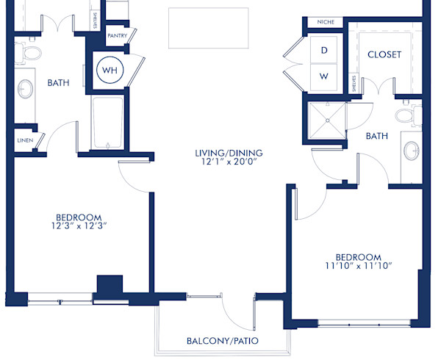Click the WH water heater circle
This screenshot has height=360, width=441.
(x=110, y=71)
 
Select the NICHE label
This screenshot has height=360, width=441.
(x=325, y=22)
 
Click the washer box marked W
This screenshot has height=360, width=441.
(x=323, y=75)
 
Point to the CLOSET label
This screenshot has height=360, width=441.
(x=384, y=54)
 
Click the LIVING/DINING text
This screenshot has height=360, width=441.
(x=229, y=154)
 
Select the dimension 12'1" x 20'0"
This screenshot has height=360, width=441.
(x=229, y=163)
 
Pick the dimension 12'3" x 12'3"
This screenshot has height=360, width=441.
(x=78, y=226)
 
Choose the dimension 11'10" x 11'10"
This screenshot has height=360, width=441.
(x=358, y=266)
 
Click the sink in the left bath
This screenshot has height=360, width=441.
(x=26, y=90)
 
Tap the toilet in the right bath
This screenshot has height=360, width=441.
(x=406, y=115)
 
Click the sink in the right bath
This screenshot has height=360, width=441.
(x=411, y=151)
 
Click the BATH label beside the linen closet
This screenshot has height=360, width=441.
(x=59, y=83)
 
